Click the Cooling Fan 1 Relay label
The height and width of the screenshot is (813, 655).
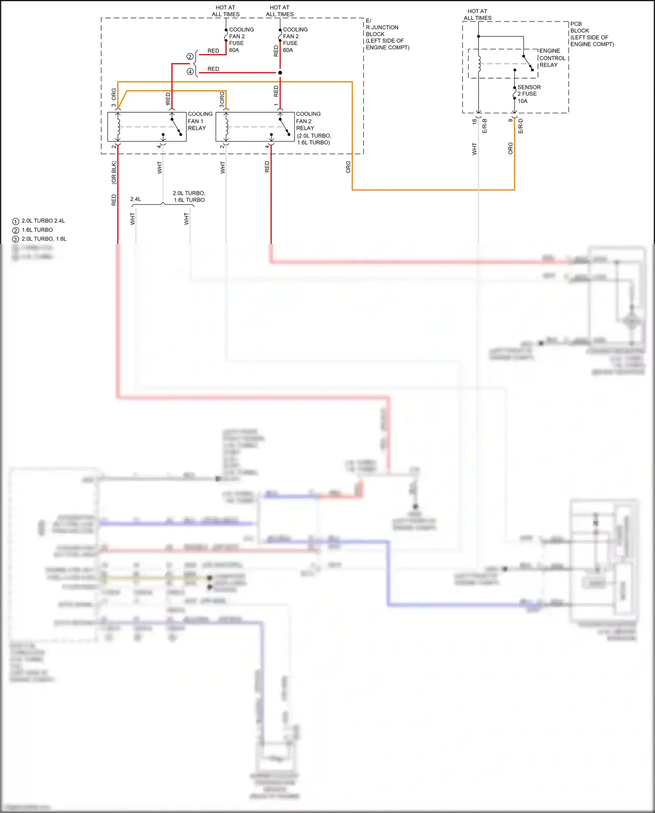click(x=200, y=121)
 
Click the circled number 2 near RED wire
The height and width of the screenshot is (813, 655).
click(x=190, y=57)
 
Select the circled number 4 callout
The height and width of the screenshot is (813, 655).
click(x=190, y=72)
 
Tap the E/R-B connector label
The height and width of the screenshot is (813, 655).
click(x=484, y=126)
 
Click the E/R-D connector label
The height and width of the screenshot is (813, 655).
click(x=521, y=126)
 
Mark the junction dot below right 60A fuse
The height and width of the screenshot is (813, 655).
click(x=280, y=73)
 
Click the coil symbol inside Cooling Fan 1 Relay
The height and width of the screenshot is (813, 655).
click(x=118, y=127)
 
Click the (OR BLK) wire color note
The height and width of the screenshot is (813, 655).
click(x=114, y=173)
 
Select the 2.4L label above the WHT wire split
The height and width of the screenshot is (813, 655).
click(x=135, y=199)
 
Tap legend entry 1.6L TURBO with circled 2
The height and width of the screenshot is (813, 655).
click(x=37, y=230)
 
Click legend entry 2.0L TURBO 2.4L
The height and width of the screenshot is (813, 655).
click(x=43, y=221)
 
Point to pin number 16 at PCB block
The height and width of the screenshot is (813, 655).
click(x=474, y=121)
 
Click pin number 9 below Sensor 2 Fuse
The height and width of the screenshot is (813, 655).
click(x=510, y=120)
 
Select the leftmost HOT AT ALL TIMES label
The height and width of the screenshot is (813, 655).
click(x=225, y=11)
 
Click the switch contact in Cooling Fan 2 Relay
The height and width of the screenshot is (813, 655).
click(x=285, y=127)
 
